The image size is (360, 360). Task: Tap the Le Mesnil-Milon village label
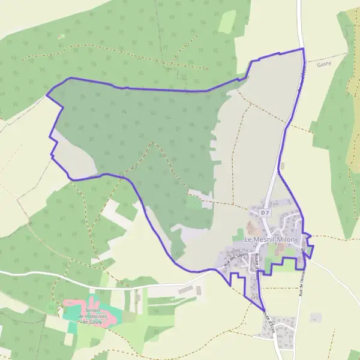270,239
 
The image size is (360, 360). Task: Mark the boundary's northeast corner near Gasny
302,49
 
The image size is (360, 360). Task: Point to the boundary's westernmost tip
46,94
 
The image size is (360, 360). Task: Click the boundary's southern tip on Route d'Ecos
265,311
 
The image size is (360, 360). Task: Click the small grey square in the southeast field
316,317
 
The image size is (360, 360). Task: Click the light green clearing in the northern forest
227,22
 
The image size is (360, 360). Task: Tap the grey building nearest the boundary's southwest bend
197,291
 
